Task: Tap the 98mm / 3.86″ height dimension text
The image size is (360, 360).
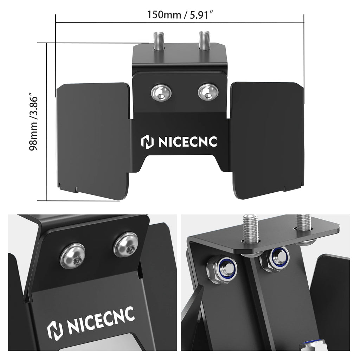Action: pyautogui.click(x=34, y=122)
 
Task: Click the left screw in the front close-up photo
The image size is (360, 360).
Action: pyautogui.click(x=72, y=255)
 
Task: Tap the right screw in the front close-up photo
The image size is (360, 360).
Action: pyautogui.click(x=126, y=244)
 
